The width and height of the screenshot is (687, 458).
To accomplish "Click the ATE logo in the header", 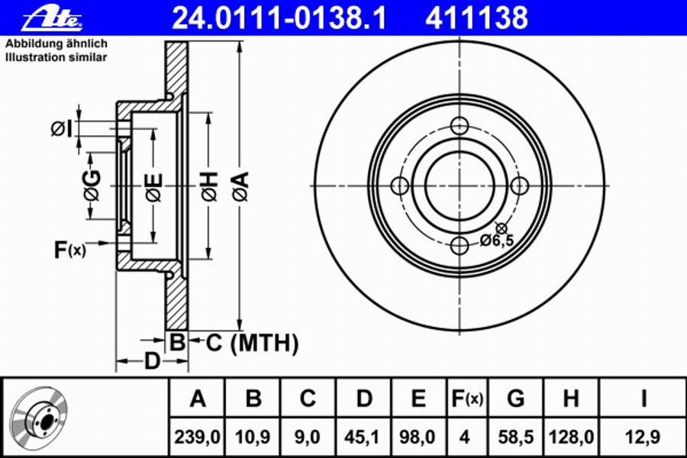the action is pos(52,18).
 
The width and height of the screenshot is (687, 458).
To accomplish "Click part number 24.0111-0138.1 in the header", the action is pos(279,18).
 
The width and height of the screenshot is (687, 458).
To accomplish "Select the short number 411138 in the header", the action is pos(476,18).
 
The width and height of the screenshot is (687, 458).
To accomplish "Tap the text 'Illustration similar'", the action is pos(56,57).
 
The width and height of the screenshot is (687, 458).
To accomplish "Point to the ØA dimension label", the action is pos(240,187).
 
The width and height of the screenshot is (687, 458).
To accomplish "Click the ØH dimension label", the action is pos(209,187).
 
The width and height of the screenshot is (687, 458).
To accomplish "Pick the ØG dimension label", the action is pos(92,185).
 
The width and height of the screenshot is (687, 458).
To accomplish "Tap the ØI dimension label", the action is pos(60,129).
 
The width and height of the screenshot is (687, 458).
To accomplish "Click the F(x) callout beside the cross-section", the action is pos(70,250).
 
